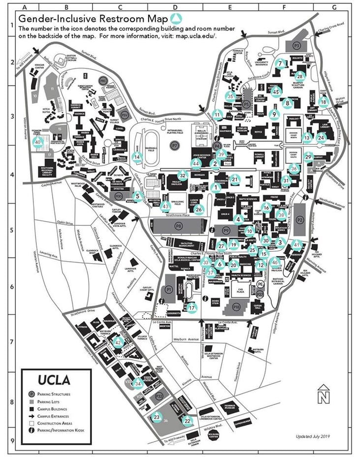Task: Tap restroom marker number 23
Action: click(x=156, y=417)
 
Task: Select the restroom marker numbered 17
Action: click(x=192, y=307)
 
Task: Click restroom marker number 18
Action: click(x=323, y=102)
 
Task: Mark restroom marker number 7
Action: click(x=280, y=63)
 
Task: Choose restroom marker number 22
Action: click(x=187, y=421)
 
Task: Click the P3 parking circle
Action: click(x=297, y=45)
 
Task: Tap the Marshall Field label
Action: click(x=151, y=151)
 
